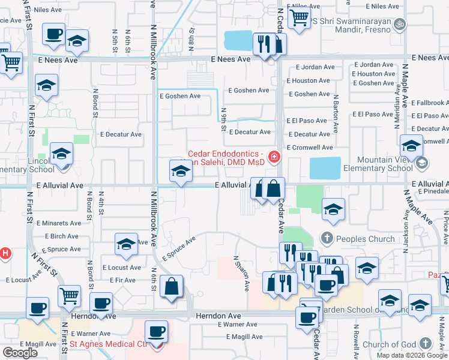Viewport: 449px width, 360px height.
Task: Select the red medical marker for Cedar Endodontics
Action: point(274,157)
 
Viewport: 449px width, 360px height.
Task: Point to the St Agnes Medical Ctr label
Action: point(109,344)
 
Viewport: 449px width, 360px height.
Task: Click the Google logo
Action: point(20,353)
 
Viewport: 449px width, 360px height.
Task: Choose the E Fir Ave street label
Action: point(122,280)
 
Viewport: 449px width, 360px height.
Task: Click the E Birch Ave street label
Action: point(61,236)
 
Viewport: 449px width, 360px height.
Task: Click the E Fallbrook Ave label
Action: point(430,103)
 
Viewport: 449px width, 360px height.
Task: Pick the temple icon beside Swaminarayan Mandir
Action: point(401,25)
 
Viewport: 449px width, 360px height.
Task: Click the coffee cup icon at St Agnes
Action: point(157,332)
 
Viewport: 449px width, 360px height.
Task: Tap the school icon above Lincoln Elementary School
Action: point(61,154)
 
